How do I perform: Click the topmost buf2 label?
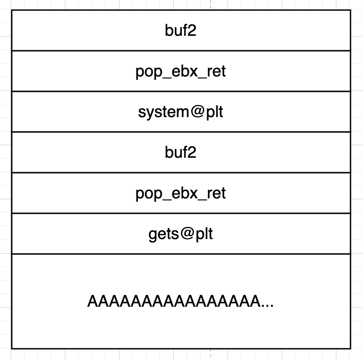[181, 31]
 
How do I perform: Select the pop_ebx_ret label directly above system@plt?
[181, 72]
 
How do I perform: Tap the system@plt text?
[181, 112]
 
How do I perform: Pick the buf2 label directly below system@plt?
[181, 153]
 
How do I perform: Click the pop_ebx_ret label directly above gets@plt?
[181, 194]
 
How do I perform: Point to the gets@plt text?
[181, 234]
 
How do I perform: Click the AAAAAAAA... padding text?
[181, 301]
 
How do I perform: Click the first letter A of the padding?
[92, 301]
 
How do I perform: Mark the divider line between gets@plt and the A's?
[181, 254]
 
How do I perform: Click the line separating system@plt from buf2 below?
[181, 132]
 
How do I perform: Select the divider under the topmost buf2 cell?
[181, 50]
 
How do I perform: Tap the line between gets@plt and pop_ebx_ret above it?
[181, 213]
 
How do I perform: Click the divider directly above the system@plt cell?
[181, 91]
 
